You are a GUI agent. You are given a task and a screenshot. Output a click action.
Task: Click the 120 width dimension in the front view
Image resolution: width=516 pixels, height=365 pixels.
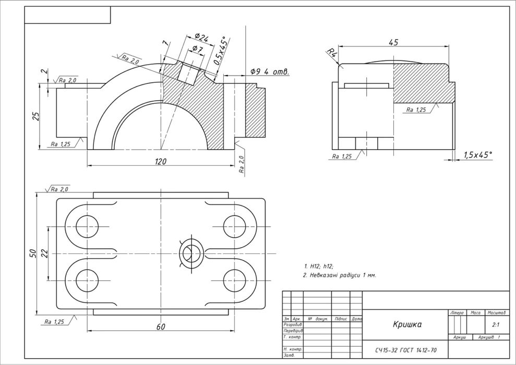click(160, 162)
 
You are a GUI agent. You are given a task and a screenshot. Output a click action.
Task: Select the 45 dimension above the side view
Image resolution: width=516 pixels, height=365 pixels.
click(394, 42)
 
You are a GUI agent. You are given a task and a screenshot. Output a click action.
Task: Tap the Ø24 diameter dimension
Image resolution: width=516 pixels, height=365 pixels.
click(201, 38)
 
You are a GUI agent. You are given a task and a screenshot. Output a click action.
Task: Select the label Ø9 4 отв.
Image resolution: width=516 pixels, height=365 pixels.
click(269, 71)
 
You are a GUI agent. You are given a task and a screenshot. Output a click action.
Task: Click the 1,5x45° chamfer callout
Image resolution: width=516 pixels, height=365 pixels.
click(478, 155)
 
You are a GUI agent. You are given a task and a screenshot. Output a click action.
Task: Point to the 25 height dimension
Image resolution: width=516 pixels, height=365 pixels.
click(36, 116)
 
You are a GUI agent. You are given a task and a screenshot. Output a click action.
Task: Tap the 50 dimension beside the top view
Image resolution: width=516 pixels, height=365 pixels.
click(32, 253)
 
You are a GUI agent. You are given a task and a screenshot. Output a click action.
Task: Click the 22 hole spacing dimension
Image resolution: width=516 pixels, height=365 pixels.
click(44, 253)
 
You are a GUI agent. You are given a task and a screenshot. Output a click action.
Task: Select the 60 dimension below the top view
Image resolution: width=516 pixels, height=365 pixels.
click(160, 326)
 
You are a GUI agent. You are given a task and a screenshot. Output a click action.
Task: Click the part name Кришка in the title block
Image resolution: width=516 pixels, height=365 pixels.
click(407, 324)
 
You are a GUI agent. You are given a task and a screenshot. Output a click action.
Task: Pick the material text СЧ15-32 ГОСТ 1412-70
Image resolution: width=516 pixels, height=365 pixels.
click(406, 350)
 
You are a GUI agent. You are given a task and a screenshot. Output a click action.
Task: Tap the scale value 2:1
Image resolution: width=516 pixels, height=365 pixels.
click(496, 324)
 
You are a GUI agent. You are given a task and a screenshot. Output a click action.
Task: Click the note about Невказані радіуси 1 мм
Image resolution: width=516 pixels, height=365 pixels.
click(339, 275)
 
